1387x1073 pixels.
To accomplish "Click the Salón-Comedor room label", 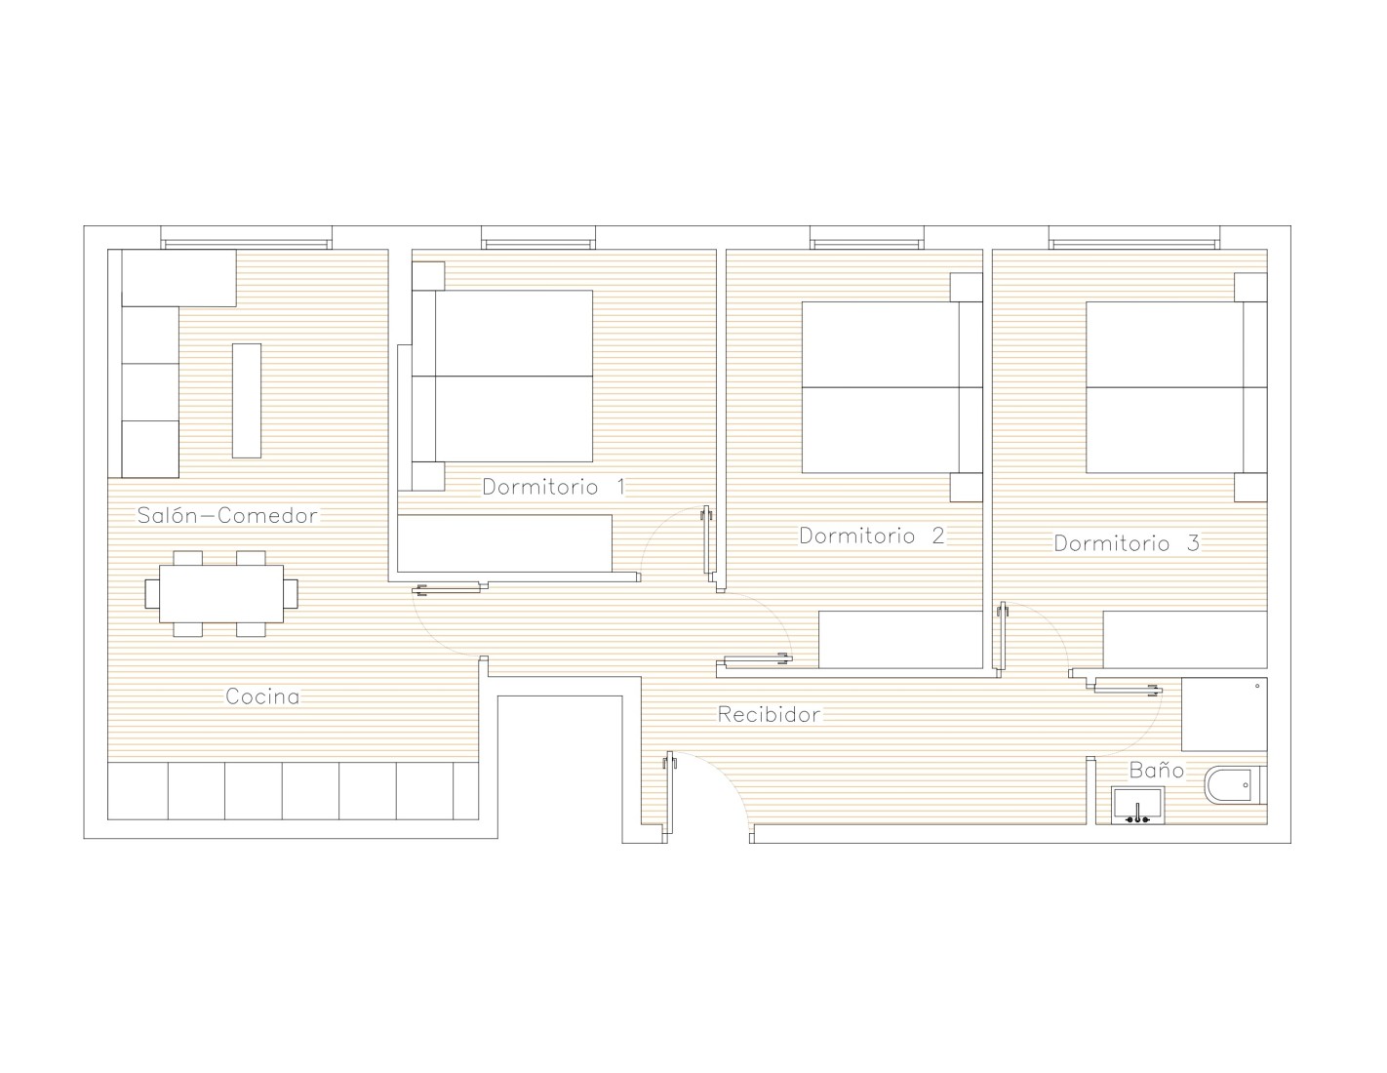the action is click(227, 515).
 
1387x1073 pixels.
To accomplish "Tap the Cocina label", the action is click(262, 696).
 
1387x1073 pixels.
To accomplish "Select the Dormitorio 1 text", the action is click(553, 487).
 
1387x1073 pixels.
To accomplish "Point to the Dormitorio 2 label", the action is click(871, 536).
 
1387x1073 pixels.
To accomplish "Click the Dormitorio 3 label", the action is click(1127, 543).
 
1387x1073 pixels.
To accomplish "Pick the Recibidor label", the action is click(770, 714).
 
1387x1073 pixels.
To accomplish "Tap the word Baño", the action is click(1157, 770).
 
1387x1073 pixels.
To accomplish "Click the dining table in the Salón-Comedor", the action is click(220, 594).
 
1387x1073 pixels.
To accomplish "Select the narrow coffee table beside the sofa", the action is click(247, 401).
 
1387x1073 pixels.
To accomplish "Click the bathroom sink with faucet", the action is click(1137, 806).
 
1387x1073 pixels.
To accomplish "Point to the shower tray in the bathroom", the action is click(1224, 715).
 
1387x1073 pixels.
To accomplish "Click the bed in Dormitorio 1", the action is click(502, 376).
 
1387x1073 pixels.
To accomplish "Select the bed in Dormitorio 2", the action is click(892, 387).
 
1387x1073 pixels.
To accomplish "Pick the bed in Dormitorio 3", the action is click(1176, 387).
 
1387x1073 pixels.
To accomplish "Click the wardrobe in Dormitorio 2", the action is click(900, 640).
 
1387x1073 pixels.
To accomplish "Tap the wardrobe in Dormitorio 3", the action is click(1185, 640).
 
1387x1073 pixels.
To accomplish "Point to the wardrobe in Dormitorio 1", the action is click(505, 543).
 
